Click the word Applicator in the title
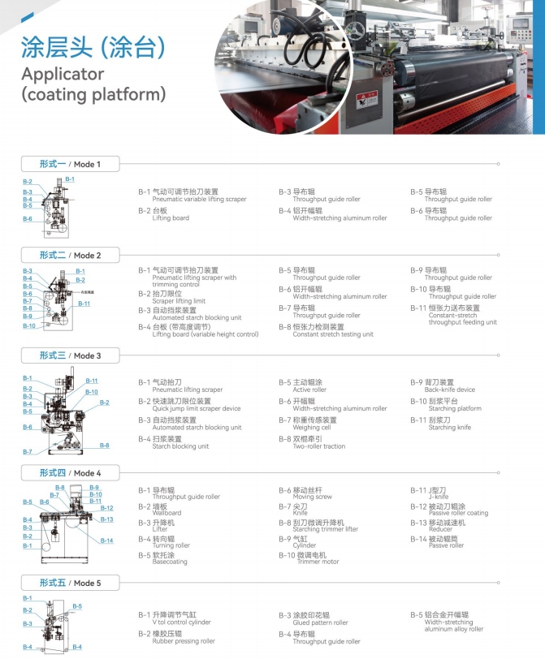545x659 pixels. pos(63,74)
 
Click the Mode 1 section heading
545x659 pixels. pos(71,165)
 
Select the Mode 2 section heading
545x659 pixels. pos(71,255)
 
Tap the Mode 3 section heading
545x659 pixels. pos(71,355)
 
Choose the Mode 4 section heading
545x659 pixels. pos(71,473)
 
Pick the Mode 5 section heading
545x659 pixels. pos(71,583)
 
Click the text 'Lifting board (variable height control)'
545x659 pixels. pos(205,334)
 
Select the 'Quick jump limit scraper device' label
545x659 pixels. pos(197,409)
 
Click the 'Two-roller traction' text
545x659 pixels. pos(320,446)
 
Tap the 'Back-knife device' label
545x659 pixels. pos(449,390)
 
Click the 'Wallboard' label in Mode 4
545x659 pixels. pos(167,513)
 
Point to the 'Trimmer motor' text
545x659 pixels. pos(318,562)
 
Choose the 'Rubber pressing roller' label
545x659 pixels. pos(184,641)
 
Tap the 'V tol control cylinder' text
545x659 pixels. pos(182,623)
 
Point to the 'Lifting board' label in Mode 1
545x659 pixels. pos(171,218)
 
